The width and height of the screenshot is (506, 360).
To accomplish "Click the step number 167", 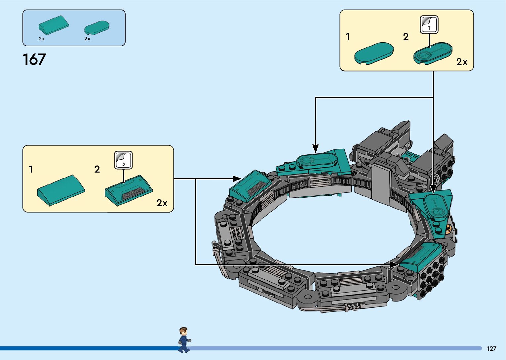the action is pyautogui.click(x=34, y=60).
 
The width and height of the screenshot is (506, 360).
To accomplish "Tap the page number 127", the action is pyautogui.click(x=491, y=348).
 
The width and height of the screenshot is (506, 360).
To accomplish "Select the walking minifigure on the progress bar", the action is pyautogui.click(x=184, y=340).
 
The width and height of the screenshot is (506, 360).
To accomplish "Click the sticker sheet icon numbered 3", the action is pyautogui.click(x=123, y=160).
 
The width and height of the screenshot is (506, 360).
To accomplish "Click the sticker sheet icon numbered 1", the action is pyautogui.click(x=429, y=25).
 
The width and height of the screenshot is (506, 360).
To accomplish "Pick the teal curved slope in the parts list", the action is pyautogui.click(x=54, y=25).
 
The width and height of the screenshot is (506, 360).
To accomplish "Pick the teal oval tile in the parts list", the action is pyautogui.click(x=97, y=28).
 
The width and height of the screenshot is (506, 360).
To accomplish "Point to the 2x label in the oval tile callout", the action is pyautogui.click(x=462, y=62).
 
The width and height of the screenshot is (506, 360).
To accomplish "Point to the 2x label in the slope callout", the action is pyautogui.click(x=162, y=203).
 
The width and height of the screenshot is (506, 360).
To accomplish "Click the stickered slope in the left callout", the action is pyautogui.click(x=129, y=190).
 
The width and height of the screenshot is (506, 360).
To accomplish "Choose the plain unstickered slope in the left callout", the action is pyautogui.click(x=61, y=190).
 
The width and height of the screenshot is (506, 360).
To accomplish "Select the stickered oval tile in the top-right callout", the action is pyautogui.click(x=433, y=54).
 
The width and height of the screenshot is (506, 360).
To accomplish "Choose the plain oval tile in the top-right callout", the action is pyautogui.click(x=374, y=54).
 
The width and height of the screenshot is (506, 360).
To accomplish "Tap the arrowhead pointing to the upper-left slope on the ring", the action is pyautogui.click(x=237, y=179).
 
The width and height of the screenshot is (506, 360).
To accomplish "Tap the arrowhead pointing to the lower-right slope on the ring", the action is pyautogui.click(x=394, y=264).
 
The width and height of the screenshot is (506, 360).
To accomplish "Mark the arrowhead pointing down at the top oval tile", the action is pyautogui.click(x=315, y=148).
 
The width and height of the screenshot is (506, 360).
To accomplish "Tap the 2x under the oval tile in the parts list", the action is pyautogui.click(x=87, y=39).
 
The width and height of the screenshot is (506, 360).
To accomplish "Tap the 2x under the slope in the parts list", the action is pyautogui.click(x=42, y=39).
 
